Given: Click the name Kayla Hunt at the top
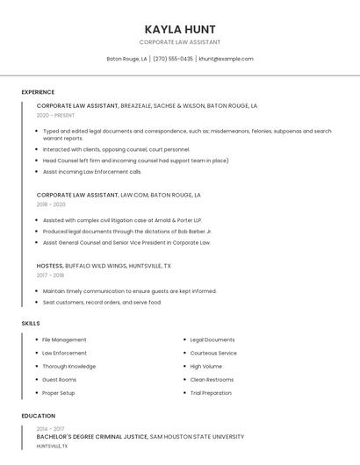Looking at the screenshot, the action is coord(179,29).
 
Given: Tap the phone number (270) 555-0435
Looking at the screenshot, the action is coord(173,59).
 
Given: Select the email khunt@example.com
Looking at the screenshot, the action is coord(226,59).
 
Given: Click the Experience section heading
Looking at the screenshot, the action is coord(38,92).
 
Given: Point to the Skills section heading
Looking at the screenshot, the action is coord(31,324).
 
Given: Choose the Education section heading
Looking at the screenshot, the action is coord(39,416).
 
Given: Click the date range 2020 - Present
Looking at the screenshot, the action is coord(55,115).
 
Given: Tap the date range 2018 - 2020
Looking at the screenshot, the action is coord(51,204).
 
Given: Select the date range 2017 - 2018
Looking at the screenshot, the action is coord(50,275).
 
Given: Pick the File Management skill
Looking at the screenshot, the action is coord(64,340).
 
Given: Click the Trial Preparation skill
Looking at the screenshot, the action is coord(211,393).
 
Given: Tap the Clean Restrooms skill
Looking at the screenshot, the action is coord(212,380).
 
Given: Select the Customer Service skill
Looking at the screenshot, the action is coord(213,353).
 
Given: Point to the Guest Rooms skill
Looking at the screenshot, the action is coord(60,380).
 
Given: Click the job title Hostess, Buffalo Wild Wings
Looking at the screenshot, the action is coord(104,265).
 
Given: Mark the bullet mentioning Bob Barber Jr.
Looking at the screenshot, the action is coord(127,231).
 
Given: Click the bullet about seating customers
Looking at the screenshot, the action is coord(102,302).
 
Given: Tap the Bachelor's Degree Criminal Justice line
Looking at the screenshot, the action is coord(140,436).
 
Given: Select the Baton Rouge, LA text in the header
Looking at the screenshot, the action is coord(126,59).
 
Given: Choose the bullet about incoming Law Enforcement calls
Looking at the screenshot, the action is coord(92,171).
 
